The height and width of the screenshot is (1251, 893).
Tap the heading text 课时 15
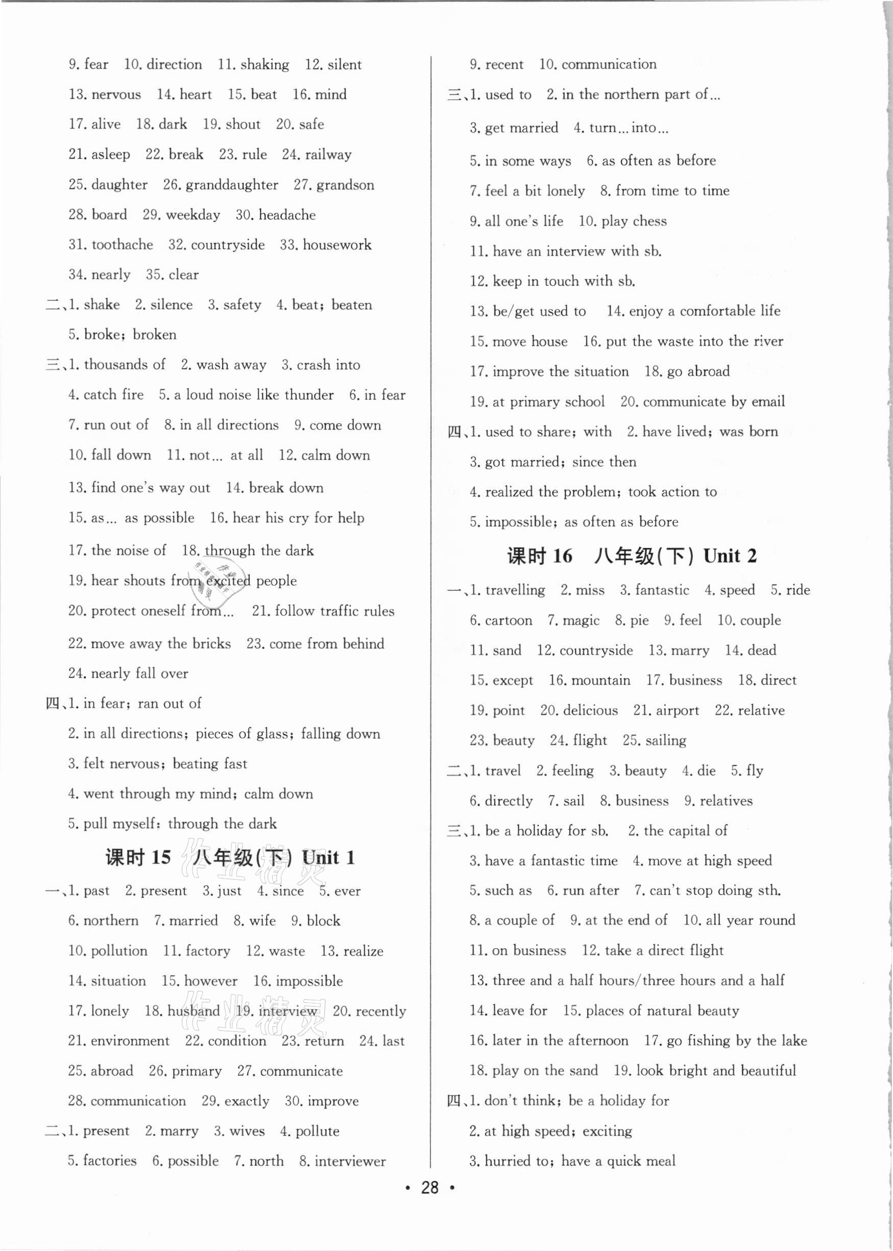[138, 858]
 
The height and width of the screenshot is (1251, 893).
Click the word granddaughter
[231, 185]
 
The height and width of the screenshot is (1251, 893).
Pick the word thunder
[310, 395]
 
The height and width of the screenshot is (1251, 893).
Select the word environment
[130, 1041]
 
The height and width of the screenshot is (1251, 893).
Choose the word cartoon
[509, 620]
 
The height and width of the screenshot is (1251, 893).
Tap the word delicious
[590, 710]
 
